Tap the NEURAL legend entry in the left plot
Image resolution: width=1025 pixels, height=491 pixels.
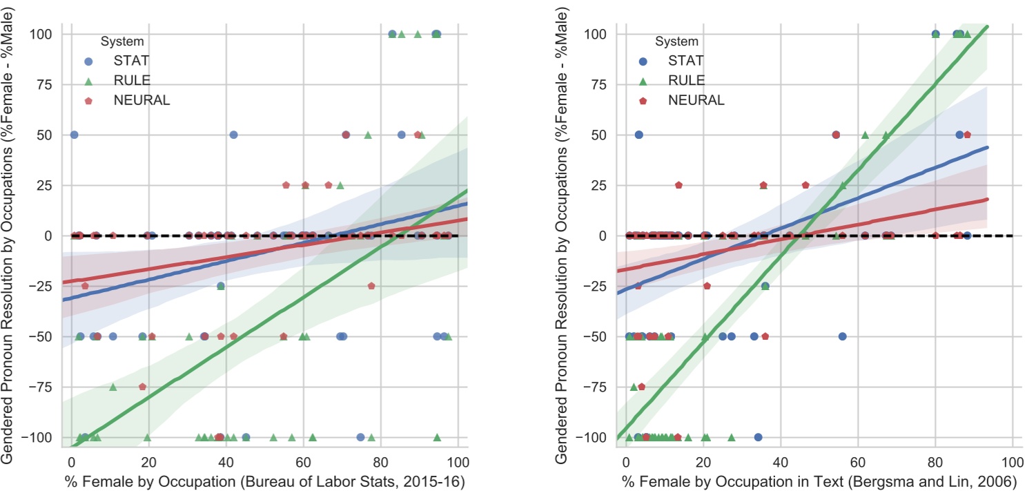click(141, 100)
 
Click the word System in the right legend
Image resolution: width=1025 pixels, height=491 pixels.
click(676, 41)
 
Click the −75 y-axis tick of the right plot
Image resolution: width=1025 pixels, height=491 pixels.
click(598, 387)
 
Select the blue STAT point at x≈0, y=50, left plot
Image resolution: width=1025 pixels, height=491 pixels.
click(74, 135)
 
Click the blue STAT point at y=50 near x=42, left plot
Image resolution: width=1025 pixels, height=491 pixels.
click(233, 135)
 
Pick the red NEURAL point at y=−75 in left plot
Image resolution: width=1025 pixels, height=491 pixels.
click(142, 387)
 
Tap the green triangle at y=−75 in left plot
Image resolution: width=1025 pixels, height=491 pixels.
click(113, 387)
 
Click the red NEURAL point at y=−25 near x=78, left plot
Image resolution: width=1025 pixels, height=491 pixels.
click(371, 286)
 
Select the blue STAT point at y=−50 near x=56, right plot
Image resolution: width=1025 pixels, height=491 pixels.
click(842, 336)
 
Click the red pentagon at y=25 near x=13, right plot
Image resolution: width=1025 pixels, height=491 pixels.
click(679, 185)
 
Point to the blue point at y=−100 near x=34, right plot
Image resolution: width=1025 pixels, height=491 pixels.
click(758, 437)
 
